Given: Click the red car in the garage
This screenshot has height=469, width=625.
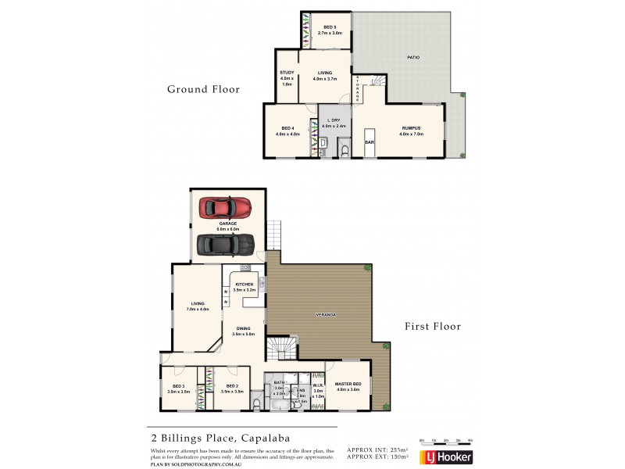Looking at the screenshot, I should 226,207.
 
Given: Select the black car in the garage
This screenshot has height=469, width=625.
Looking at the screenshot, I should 226,245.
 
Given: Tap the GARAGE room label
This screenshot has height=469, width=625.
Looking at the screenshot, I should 228,223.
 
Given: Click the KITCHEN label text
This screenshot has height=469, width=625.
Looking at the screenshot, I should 245,285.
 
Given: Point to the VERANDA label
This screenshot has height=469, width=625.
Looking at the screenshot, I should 326,314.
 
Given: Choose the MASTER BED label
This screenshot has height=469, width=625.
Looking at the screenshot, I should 347,383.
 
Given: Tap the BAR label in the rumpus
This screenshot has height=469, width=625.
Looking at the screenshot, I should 369,142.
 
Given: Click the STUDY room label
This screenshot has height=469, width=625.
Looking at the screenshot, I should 286,73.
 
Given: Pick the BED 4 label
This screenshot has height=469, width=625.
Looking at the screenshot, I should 287,127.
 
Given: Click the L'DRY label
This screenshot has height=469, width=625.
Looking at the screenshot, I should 334,120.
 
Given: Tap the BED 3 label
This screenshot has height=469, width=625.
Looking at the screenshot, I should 178,386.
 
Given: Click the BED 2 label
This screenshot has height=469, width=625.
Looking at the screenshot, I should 232,386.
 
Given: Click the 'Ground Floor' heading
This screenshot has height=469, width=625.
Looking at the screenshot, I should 203,89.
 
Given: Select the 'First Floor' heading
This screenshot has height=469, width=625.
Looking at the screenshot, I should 433,326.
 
